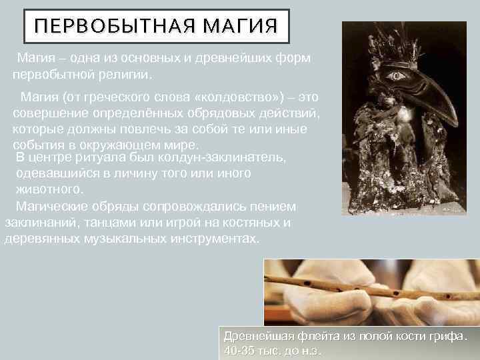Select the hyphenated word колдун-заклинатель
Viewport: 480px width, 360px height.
click(223, 157)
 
